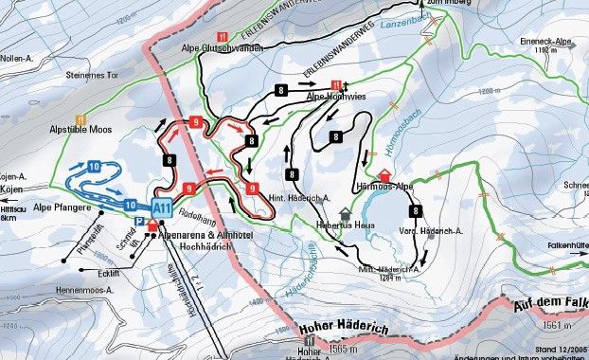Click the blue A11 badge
(163, 207)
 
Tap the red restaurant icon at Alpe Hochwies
(335, 84)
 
